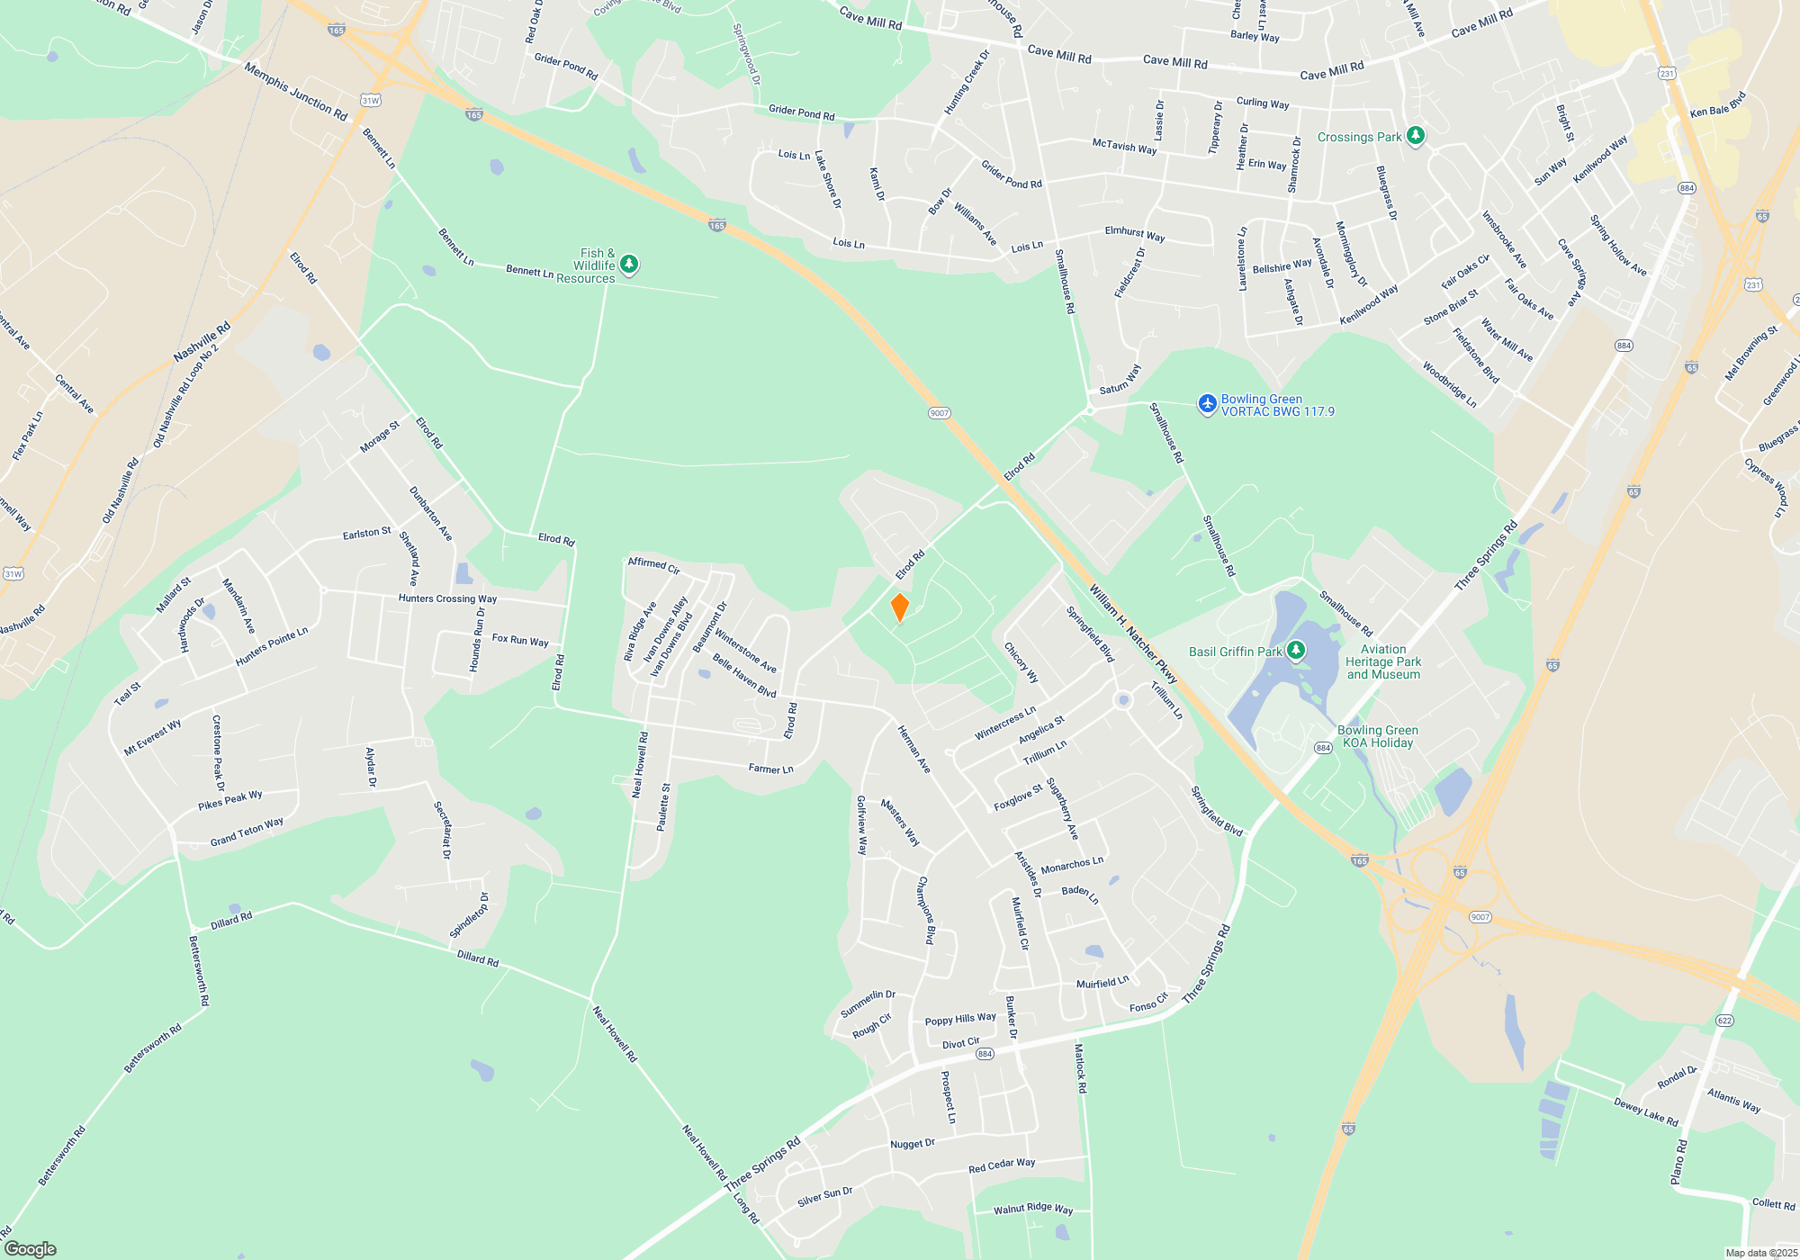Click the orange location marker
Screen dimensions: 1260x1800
[899, 607]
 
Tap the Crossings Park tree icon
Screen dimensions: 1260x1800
[1416, 136]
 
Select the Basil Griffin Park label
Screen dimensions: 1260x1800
[1235, 652]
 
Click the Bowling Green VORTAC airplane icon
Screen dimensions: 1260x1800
[1207, 405]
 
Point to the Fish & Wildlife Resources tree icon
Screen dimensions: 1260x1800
[629, 264]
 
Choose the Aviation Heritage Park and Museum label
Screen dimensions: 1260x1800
[1383, 661]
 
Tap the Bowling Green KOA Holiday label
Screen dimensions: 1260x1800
[1377, 736]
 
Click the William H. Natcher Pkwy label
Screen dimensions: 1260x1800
[1133, 634]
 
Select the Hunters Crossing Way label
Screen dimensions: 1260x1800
[447, 598]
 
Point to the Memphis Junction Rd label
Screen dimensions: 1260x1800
[295, 91]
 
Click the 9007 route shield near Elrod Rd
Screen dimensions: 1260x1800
[940, 413]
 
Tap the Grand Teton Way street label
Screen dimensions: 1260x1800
[247, 832]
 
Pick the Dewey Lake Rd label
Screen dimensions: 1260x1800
[1646, 1111]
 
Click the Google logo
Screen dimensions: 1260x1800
[31, 1248]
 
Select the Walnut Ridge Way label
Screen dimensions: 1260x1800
[1033, 1209]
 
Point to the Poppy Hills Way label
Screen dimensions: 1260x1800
[960, 1019]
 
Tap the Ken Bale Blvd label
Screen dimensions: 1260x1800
[1717, 104]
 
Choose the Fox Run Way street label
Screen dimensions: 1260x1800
[520, 640]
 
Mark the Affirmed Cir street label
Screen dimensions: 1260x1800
[653, 565]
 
